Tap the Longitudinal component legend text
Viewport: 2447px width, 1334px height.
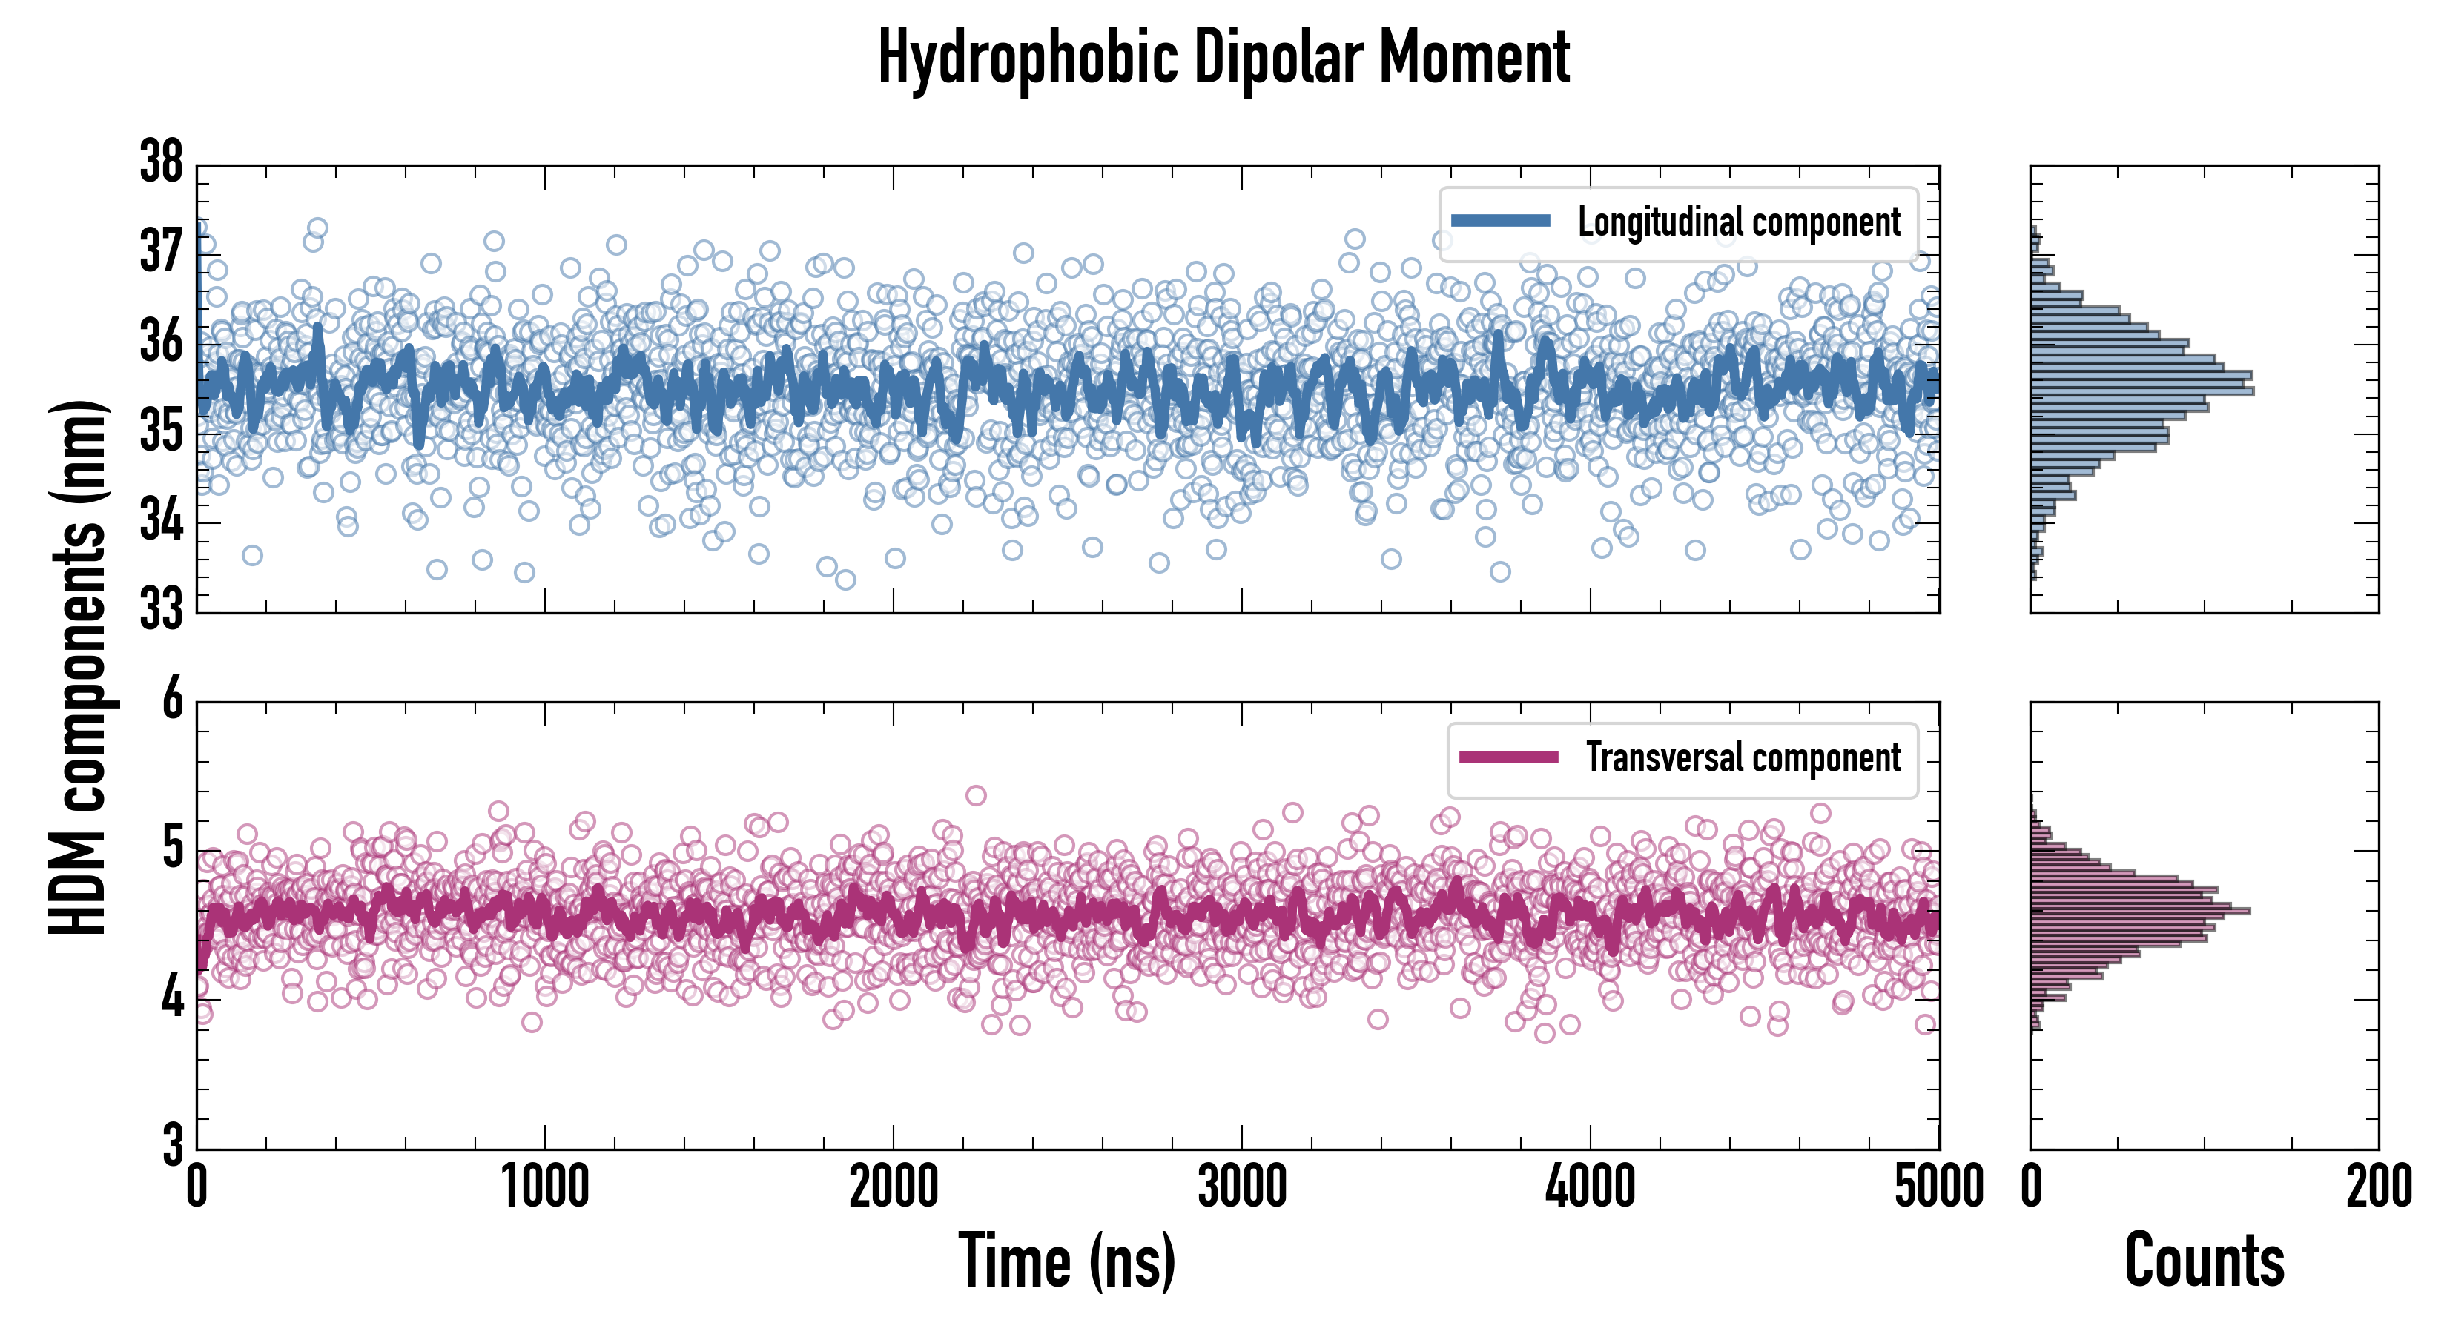point(1738,222)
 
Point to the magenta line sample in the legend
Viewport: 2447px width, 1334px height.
point(1508,757)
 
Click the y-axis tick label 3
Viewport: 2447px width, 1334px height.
point(172,1145)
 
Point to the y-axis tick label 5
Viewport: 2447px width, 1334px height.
point(172,849)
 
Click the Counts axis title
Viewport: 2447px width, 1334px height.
point(2204,1261)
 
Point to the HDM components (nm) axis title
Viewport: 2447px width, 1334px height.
point(78,665)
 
